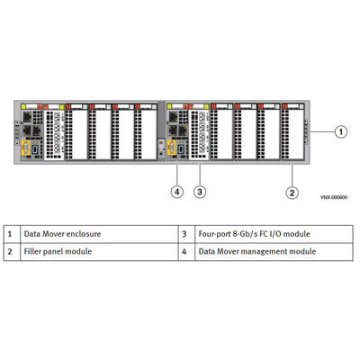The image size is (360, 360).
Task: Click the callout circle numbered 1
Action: pos(341,131)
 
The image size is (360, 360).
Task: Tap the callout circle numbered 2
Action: pos(292,191)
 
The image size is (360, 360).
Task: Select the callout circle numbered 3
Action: pos(200,191)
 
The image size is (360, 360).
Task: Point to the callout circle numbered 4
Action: pos(177,191)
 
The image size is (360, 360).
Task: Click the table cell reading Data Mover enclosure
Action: pos(62,234)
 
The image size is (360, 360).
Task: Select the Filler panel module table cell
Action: pos(58,251)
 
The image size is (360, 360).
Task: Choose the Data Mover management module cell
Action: pos(256,251)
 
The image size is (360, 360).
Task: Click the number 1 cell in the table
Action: pos(9,234)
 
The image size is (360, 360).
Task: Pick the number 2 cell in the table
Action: pos(9,251)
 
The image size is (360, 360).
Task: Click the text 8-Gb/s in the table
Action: pos(243,234)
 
